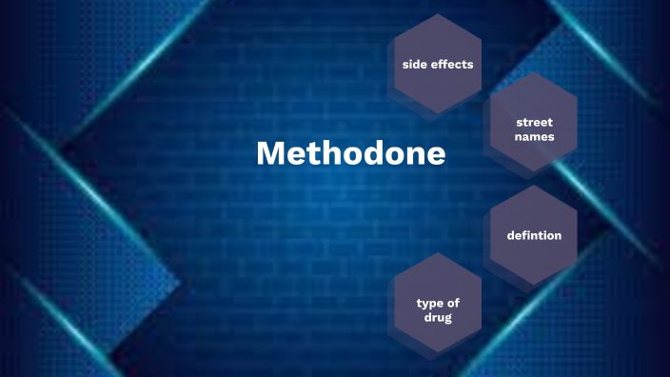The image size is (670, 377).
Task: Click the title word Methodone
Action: click(351, 153)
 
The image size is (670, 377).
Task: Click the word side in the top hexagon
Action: click(416, 65)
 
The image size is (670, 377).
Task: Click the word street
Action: click(534, 123)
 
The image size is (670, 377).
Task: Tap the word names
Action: click(534, 137)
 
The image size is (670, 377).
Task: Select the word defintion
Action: click(534, 235)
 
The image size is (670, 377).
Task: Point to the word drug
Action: click(438, 317)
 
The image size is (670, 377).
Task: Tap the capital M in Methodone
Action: click(272, 153)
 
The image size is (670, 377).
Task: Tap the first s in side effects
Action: click(405, 65)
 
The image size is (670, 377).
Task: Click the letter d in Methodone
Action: click(372, 153)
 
